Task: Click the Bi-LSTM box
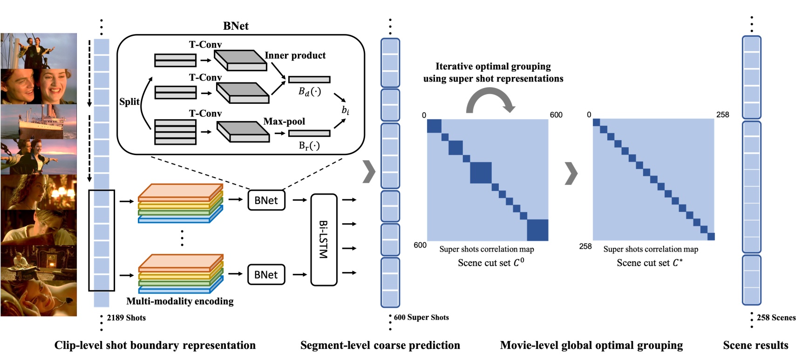click(x=323, y=239)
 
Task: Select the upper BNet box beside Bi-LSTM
click(x=266, y=200)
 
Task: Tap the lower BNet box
click(x=266, y=275)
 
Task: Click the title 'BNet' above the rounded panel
click(x=236, y=26)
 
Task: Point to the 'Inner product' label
click(x=295, y=55)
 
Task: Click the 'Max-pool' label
click(x=284, y=122)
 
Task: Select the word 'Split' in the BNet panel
click(x=129, y=102)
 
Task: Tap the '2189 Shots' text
click(x=126, y=318)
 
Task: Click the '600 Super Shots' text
click(x=422, y=317)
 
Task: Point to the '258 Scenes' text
click(x=776, y=318)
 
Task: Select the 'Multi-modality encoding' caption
click(x=180, y=301)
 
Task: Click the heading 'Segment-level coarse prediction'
click(x=380, y=345)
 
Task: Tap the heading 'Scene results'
click(x=755, y=345)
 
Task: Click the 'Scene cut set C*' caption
click(x=650, y=263)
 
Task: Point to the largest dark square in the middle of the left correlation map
click(x=481, y=173)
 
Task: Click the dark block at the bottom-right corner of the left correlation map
click(x=538, y=230)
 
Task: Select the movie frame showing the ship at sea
click(x=39, y=121)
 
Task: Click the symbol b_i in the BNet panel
click(x=345, y=110)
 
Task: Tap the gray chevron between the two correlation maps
click(x=571, y=173)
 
